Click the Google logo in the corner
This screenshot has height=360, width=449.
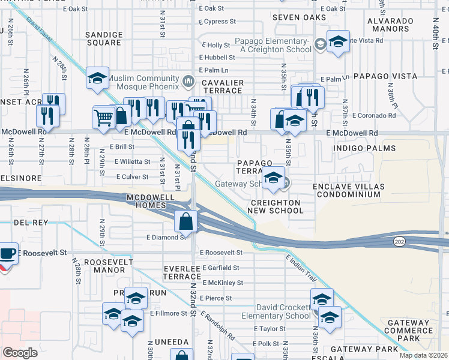(20, 353)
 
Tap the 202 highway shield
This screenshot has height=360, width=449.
(399, 241)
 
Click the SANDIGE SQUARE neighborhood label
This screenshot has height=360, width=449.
(103, 39)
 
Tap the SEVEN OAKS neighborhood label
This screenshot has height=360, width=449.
(295, 17)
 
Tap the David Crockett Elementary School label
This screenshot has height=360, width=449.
(276, 312)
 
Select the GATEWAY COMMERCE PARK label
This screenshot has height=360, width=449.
(408, 331)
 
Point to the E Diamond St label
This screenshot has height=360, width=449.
(166, 237)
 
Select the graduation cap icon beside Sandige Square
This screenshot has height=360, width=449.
(97, 78)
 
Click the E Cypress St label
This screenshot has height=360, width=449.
(217, 22)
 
